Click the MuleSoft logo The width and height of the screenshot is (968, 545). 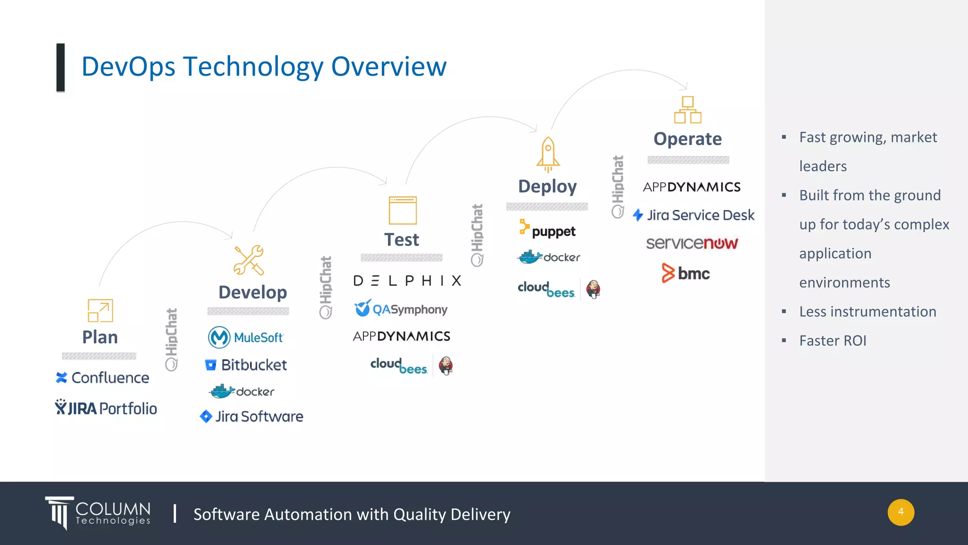[x=245, y=337]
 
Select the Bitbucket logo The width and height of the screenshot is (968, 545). [x=246, y=365]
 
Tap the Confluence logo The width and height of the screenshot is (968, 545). [x=103, y=378]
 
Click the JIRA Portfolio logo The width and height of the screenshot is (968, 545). [x=106, y=408]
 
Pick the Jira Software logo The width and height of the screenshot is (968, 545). [x=251, y=416]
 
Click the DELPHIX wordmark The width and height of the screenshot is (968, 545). [x=407, y=281]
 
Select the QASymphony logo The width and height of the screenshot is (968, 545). [x=401, y=309]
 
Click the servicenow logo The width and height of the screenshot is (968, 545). [x=691, y=243]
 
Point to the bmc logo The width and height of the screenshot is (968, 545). [x=685, y=273]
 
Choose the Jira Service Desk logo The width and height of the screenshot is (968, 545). [x=693, y=215]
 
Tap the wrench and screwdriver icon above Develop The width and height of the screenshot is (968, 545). [x=249, y=260]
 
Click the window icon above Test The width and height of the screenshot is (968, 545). [x=403, y=210]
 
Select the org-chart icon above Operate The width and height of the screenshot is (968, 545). [x=688, y=110]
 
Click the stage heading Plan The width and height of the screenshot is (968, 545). [x=100, y=337]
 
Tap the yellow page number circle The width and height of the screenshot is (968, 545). [x=900, y=512]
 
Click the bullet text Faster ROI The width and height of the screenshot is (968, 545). [x=832, y=341]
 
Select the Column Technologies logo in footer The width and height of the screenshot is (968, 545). [x=98, y=513]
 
